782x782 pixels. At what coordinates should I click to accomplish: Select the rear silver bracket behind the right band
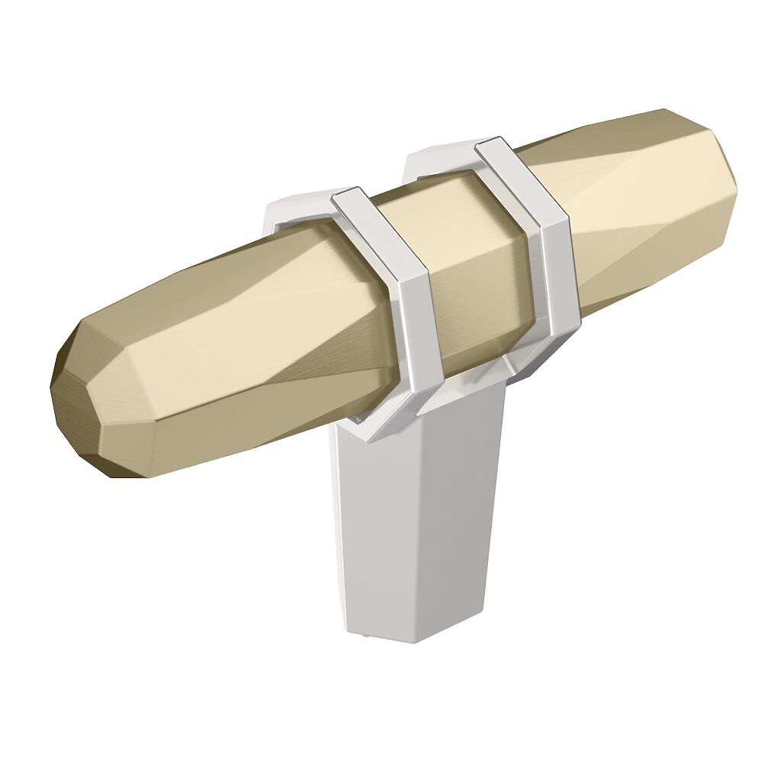click(x=428, y=157)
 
